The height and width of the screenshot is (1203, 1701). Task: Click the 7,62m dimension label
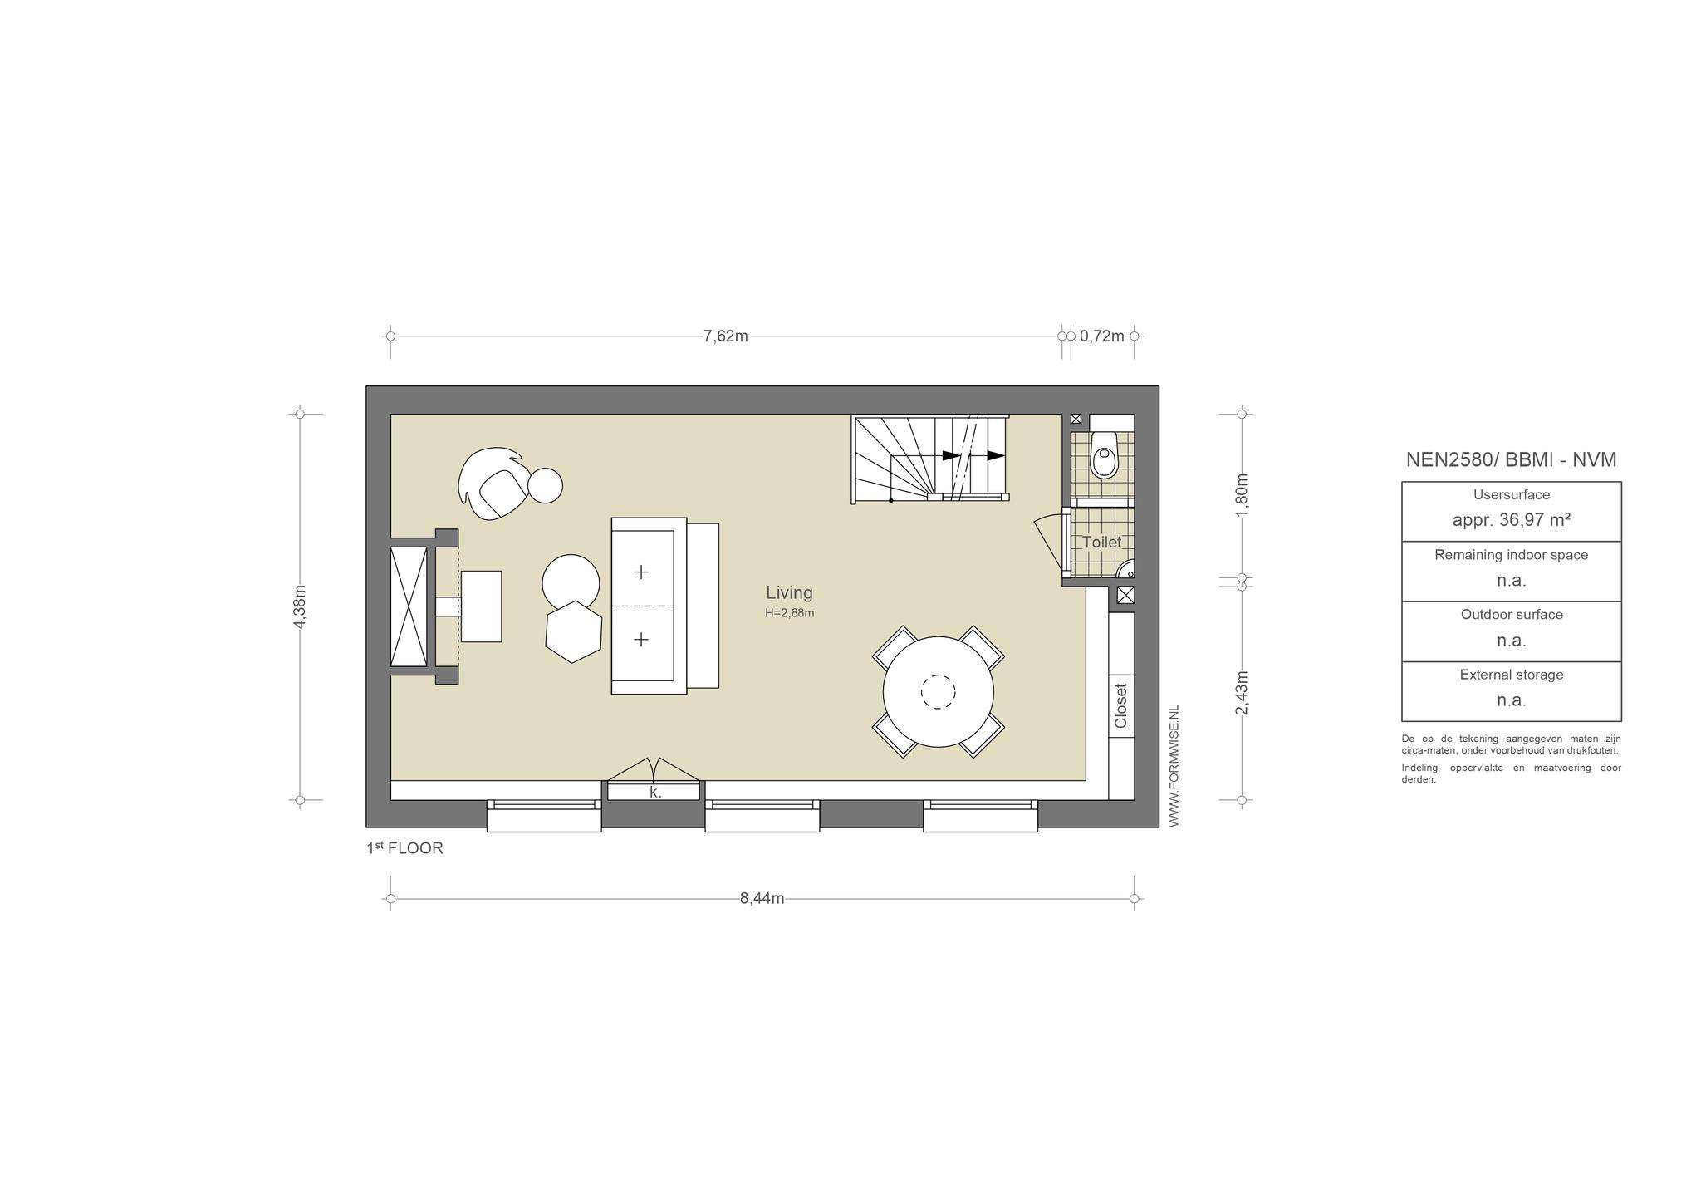725,336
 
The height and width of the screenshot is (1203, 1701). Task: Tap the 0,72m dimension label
1101,336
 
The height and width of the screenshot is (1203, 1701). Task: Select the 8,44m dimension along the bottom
762,899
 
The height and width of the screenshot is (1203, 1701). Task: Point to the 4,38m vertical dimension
301,606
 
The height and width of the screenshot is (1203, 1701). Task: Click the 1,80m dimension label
1242,495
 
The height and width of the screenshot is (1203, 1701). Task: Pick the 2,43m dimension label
1242,693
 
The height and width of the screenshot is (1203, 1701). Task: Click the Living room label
789,592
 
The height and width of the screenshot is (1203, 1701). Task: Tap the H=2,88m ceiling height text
790,614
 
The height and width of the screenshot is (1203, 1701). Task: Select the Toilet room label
1101,543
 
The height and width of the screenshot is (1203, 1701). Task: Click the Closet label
1121,706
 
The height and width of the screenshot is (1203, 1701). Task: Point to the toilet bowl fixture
1103,454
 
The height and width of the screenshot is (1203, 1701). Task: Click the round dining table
939,692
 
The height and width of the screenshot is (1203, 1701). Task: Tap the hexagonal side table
574,631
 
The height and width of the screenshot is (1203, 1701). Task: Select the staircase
930,459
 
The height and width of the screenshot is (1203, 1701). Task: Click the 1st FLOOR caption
405,848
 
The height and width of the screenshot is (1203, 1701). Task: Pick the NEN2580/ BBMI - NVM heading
1512,459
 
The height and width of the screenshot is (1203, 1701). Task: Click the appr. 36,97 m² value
1512,520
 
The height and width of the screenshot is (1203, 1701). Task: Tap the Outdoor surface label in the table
1512,615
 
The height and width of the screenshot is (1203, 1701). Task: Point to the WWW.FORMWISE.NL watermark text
1174,766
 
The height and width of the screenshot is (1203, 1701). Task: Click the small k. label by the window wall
655,793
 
